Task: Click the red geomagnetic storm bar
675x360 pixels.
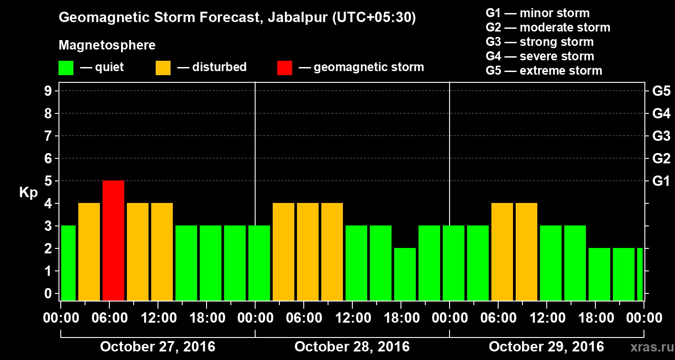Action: point(113,240)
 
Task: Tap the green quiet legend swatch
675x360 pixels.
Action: point(66,67)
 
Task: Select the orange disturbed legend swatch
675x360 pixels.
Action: point(163,67)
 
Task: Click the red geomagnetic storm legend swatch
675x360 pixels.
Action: point(284,67)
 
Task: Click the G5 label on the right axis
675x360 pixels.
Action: point(661,91)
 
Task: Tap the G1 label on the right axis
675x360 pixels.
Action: point(661,181)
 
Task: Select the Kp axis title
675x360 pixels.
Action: point(28,193)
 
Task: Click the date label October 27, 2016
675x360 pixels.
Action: point(157,347)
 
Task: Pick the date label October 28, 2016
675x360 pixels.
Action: point(352,347)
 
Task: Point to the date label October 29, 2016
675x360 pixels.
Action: point(546,347)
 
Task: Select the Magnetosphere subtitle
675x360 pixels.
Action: point(107,45)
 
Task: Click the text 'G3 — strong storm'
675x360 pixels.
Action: point(540,42)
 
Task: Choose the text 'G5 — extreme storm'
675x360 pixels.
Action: point(544,71)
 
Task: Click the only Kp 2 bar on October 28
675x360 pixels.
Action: point(405,274)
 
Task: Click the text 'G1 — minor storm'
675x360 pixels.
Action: point(537,13)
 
